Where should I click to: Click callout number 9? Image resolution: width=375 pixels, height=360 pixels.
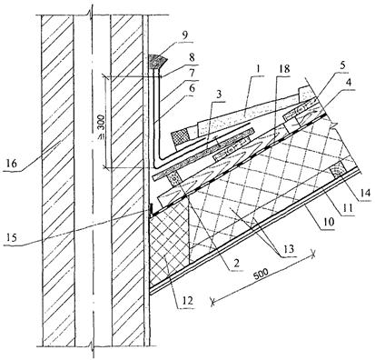pos(185,35)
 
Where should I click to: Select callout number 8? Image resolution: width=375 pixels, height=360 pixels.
pos(192,58)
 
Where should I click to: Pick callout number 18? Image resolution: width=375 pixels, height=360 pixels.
pos(283,69)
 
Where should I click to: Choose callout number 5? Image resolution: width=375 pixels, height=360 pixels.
pos(342,66)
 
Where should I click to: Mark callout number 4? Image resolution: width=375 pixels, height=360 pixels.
pos(348,83)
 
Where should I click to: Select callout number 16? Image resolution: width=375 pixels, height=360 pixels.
pos(12,165)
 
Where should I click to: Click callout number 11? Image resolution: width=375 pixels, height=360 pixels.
pos(348,208)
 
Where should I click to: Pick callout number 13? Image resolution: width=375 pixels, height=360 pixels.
pos(288,249)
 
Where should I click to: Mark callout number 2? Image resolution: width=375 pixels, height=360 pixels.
pos(236,263)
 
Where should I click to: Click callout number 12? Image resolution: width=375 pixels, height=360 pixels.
pos(187,301)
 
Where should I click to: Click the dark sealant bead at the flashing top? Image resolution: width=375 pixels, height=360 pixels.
pos(157,62)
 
